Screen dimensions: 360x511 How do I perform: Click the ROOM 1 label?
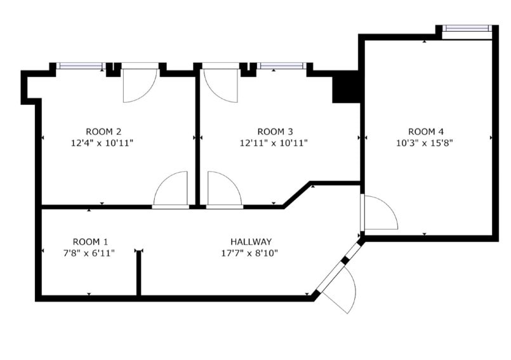[90, 242]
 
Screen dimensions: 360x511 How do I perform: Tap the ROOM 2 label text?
[103, 132]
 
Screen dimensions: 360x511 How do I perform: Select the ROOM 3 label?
[275, 132]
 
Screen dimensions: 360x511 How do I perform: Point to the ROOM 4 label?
[425, 132]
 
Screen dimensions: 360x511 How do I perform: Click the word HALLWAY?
[251, 242]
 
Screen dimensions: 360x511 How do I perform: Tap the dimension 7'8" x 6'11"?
[90, 253]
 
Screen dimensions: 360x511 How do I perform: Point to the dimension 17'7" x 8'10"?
[251, 253]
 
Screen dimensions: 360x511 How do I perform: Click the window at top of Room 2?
[81, 65]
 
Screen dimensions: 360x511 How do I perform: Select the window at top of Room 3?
[281, 65]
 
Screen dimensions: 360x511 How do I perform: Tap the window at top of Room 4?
[467, 28]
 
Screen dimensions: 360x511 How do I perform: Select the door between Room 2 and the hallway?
[171, 190]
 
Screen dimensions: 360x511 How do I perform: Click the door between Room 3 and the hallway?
[224, 190]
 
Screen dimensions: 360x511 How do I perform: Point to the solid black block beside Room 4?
[347, 87]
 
